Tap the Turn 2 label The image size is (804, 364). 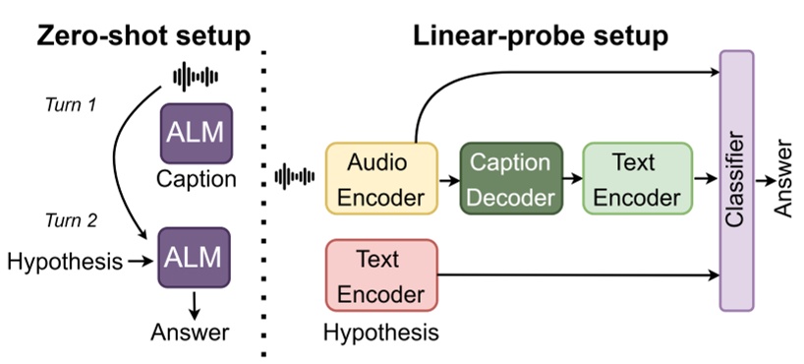pos(70,220)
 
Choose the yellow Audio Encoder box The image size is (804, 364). pos(380,178)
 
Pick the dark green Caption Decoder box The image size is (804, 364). pos(509,178)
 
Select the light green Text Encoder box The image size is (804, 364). pos(637,178)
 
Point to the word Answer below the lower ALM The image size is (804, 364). pos(190,332)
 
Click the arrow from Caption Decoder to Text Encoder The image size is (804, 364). pos(572,179)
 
